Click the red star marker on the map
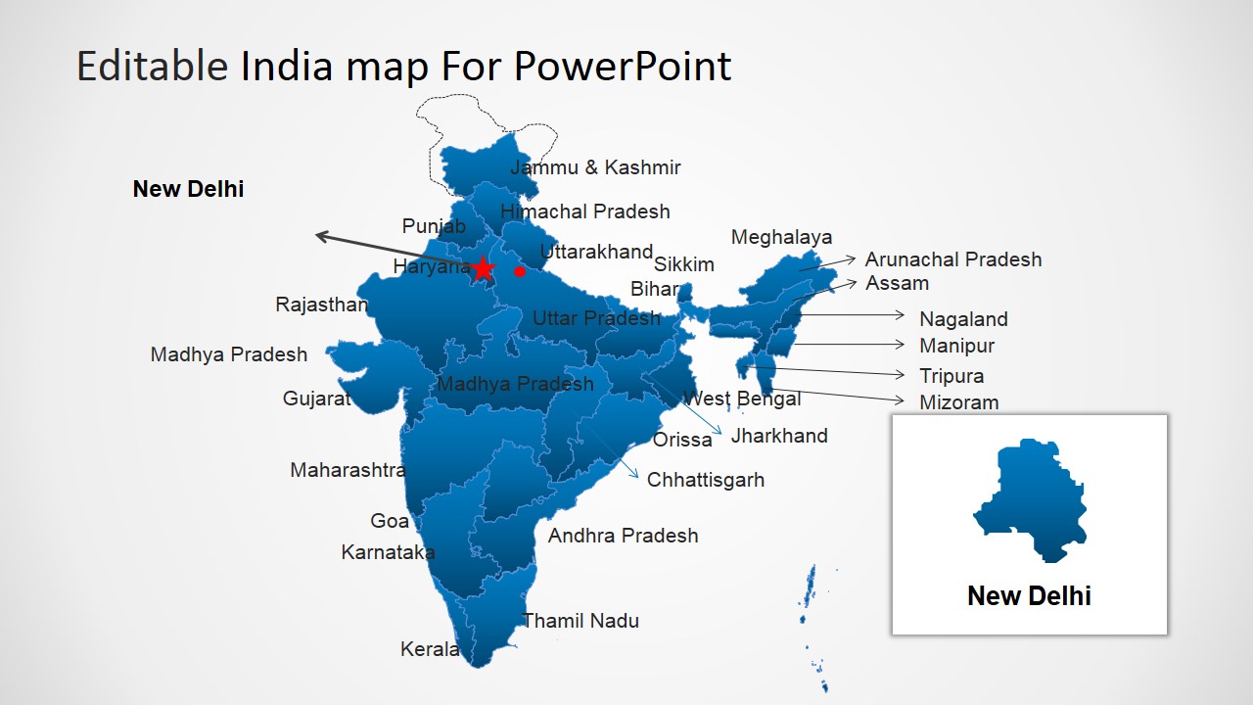point(483,268)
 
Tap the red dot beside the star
point(520,271)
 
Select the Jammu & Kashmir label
point(595,167)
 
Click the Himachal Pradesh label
point(585,211)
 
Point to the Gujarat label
point(316,399)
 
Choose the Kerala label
point(430,649)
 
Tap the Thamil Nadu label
point(580,621)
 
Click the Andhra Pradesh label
point(624,536)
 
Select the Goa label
point(390,521)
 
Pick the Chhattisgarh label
point(706,480)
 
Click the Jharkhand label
point(779,436)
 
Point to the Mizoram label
point(958,402)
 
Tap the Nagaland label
point(963,319)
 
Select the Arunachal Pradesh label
point(953,259)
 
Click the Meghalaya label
point(781,237)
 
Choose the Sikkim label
point(683,264)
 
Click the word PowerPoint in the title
point(622,66)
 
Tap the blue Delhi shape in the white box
point(1031,500)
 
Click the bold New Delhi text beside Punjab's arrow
point(188,189)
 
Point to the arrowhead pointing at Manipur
point(900,344)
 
